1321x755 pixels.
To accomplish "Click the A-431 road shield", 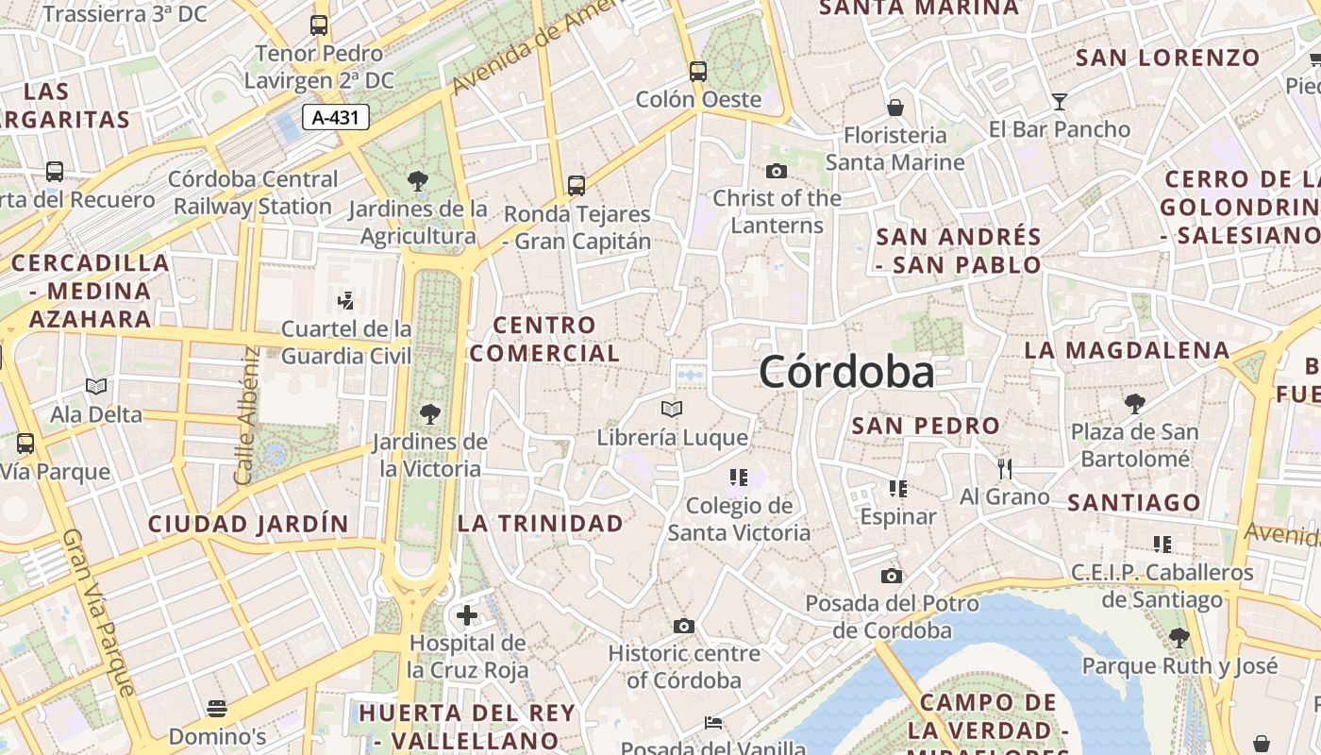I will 335,118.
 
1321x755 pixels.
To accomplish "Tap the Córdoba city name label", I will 846,372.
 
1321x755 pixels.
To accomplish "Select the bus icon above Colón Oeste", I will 698,71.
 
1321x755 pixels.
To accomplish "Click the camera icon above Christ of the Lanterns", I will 777,171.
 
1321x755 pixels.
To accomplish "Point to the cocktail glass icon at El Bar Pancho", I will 1060,101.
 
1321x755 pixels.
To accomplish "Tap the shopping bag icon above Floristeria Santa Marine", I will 895,108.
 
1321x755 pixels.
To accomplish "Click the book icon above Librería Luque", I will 672,410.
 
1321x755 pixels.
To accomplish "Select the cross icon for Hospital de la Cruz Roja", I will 467,616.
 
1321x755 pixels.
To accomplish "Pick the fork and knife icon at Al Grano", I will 1005,468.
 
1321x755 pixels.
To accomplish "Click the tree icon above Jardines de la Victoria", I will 430,413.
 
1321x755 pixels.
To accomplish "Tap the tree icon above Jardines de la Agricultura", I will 417,180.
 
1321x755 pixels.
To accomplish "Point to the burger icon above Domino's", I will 217,708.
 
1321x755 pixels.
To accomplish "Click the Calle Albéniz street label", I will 246,415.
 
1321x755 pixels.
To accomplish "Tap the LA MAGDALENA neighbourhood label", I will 1127,350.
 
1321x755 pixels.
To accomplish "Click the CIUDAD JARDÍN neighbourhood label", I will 248,524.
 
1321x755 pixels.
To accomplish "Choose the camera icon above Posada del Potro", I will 892,576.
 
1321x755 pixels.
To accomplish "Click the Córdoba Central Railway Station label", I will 253,193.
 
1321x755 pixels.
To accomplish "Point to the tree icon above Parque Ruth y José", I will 1179,638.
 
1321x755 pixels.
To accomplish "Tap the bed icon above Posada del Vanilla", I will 713,724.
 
